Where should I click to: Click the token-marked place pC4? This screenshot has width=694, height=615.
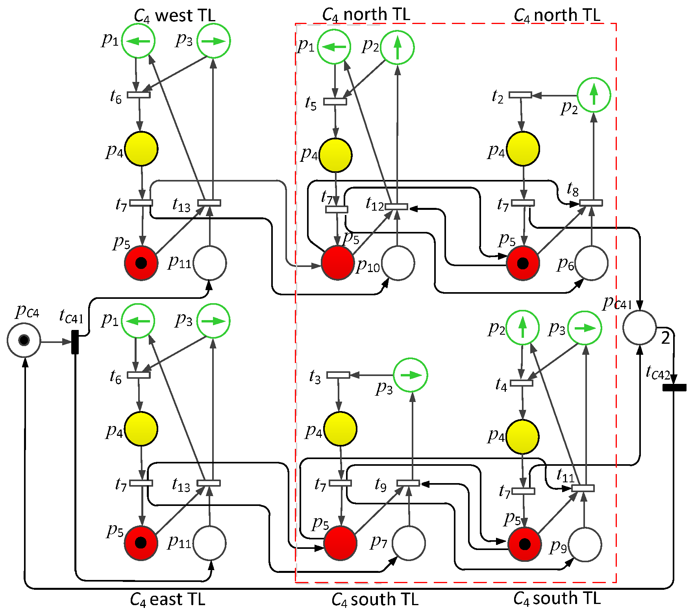coord(24,340)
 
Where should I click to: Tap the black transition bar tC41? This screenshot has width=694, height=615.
coord(75,342)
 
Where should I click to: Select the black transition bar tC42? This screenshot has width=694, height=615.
coord(674,388)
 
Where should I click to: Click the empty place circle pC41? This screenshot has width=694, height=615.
coord(640,328)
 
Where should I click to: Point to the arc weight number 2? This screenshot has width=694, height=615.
coord(665,338)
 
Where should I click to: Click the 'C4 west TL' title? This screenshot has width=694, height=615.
coord(175,16)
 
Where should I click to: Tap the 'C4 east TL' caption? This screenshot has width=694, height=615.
coord(168,600)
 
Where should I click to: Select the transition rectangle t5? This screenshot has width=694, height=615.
coord(335,102)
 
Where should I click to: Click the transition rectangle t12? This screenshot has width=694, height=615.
coord(396,207)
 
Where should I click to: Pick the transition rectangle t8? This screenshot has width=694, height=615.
coord(591,203)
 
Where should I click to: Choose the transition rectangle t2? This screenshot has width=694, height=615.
coord(520,95)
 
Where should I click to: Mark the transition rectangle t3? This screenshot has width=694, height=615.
coord(339,375)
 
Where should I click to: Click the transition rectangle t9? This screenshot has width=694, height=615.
coord(408,483)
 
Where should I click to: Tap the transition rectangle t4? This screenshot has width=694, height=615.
coord(522,383)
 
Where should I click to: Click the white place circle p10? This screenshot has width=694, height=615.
coord(398,263)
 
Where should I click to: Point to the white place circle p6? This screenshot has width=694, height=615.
coord(591,263)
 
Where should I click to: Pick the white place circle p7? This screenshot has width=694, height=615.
coord(409,543)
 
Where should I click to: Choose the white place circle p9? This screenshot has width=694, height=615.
coord(585,545)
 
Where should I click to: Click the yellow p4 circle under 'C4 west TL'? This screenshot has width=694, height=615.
coord(141,149)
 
